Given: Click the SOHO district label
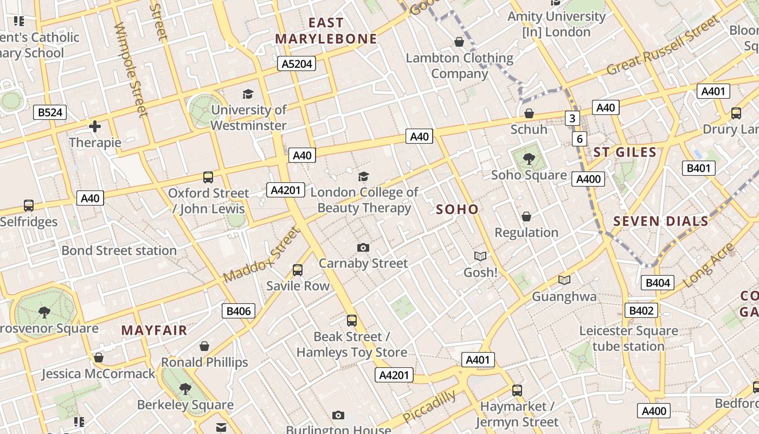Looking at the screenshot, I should [458, 209].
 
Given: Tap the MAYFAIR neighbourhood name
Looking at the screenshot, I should [154, 330].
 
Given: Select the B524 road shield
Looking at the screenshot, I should [50, 112].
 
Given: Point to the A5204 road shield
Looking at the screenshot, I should [297, 64].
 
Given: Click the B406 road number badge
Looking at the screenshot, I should [239, 311].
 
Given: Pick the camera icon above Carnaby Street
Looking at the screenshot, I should [363, 248].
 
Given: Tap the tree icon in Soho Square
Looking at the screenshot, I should [529, 159].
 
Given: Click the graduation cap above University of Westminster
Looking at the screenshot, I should [248, 94].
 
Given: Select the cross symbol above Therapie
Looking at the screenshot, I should [95, 127].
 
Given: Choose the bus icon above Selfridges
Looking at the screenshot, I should [29, 206].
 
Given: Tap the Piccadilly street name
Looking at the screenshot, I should [429, 407].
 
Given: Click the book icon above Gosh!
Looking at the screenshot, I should [480, 256].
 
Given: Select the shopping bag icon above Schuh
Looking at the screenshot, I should [529, 113].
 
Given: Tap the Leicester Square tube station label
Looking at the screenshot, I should [628, 339].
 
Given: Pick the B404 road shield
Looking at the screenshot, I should [658, 283].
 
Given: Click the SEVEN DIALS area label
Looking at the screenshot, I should [661, 221].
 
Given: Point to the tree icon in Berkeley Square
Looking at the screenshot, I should [185, 389].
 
